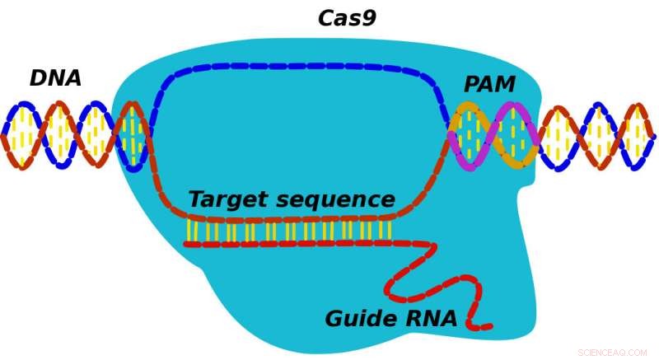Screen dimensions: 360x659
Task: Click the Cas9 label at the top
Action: pos(347,18)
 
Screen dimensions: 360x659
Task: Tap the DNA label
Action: pos(55,78)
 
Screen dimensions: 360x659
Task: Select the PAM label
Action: pos(489,85)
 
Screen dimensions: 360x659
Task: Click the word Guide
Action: pos(362,320)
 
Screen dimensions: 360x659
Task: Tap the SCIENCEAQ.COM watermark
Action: pos(612,353)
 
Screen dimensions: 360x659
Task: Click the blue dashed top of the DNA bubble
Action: pos(305,65)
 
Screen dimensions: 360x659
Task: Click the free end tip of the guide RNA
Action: pos(488,327)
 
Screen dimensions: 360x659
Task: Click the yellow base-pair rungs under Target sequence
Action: pos(288,231)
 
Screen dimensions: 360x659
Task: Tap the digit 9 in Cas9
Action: pos(368,18)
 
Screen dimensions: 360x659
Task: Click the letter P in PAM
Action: pos(471,85)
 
